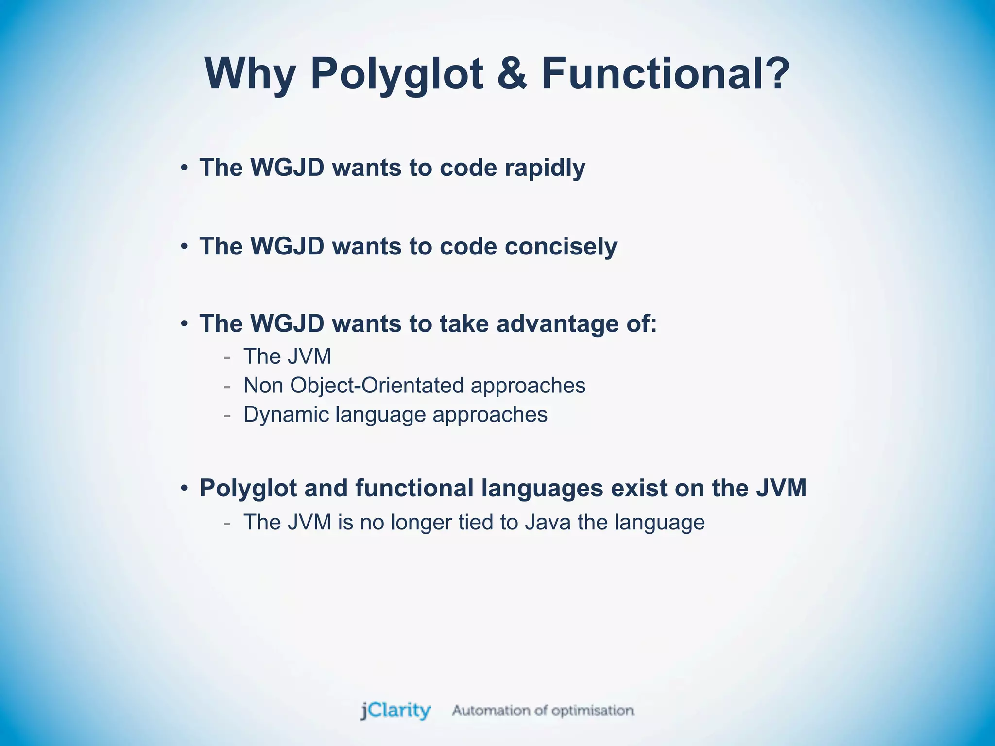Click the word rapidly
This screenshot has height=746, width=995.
click(x=545, y=168)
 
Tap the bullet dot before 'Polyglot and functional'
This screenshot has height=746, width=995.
click(x=184, y=489)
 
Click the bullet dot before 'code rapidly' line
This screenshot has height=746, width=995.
click(x=184, y=169)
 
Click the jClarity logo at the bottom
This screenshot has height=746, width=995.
click(x=395, y=711)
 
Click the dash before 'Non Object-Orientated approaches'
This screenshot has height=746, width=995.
click(x=227, y=386)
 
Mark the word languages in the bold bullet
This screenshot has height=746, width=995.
click(x=542, y=489)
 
